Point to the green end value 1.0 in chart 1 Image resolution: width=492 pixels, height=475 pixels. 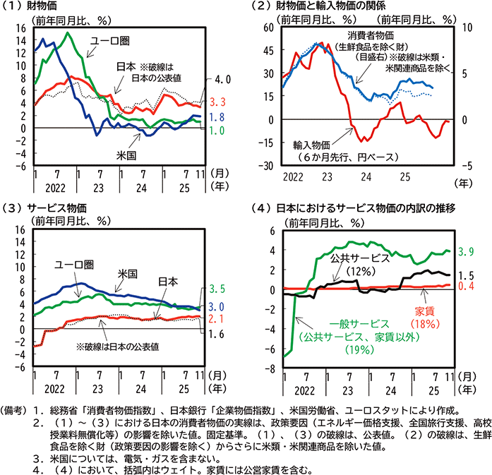tap(217, 131)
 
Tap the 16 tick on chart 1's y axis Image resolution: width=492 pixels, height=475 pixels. tap(20, 28)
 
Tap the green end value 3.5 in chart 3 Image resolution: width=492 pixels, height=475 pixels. tap(217, 289)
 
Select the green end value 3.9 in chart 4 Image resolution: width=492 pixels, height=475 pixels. tap(465, 251)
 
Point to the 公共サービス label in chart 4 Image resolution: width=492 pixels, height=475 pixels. tap(360, 258)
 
